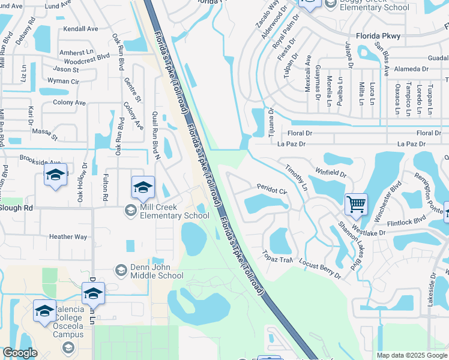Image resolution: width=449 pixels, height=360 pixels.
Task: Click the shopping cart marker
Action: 356,205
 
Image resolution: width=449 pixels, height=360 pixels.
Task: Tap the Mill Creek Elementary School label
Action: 174,212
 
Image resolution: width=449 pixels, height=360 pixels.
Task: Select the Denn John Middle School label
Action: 157,272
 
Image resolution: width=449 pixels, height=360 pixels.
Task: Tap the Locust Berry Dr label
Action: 320,271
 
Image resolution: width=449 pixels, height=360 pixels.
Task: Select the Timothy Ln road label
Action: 296,178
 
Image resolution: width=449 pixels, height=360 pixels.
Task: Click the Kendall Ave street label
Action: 80,29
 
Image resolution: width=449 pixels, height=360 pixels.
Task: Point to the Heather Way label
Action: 68,237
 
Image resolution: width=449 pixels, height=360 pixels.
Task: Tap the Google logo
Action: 20,353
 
